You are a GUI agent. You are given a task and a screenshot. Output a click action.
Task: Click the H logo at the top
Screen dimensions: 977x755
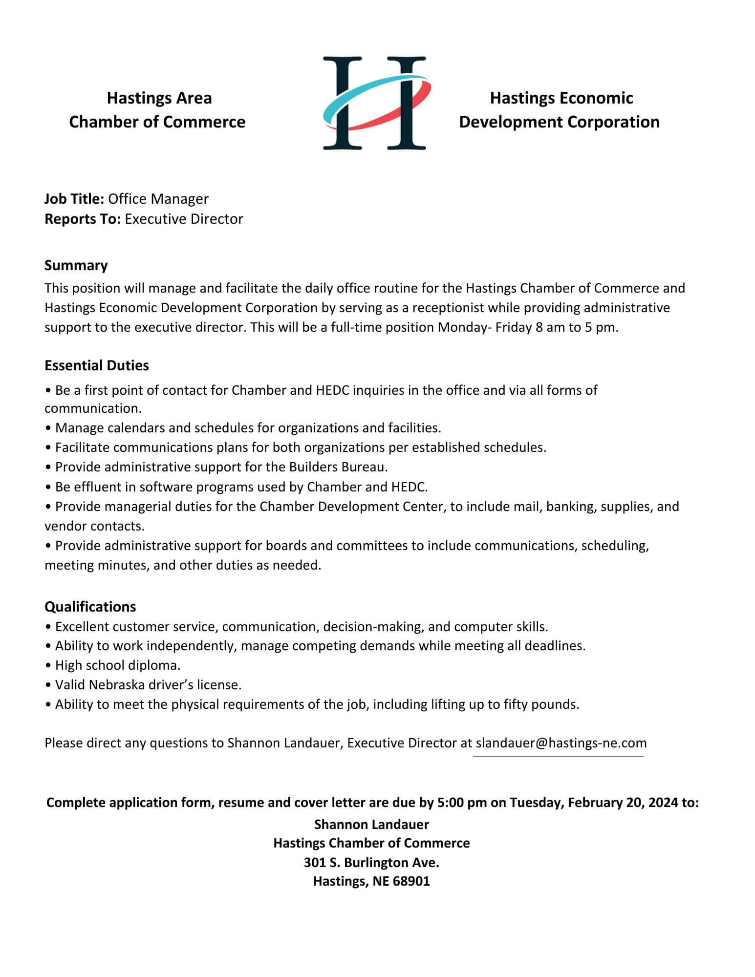[x=375, y=103]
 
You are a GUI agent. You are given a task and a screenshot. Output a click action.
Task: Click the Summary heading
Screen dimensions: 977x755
[x=76, y=265]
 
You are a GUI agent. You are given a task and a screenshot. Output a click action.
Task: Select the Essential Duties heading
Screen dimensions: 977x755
[x=96, y=365]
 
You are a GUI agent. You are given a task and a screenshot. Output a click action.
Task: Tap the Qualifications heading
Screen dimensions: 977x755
[x=90, y=606]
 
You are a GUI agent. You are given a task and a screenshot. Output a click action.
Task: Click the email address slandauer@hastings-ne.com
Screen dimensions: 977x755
[x=561, y=743]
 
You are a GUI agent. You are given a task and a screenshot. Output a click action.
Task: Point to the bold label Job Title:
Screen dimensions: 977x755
[x=74, y=199]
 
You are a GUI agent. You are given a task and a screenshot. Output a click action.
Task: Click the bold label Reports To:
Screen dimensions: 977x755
[x=82, y=219]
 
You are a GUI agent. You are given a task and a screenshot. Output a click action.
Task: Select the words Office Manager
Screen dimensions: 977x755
[x=158, y=199]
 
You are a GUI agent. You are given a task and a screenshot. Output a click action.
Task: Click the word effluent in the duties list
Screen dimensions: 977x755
[x=103, y=487]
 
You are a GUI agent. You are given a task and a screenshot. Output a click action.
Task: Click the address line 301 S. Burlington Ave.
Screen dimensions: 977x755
[x=371, y=862]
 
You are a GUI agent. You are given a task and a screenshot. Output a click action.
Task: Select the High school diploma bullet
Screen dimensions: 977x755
[x=117, y=665]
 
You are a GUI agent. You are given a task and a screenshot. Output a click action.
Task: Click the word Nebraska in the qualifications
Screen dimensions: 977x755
[x=106, y=684]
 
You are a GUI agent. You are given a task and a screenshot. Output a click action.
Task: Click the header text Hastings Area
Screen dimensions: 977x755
[x=159, y=98]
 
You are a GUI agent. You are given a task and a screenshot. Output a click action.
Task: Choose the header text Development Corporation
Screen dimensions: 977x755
[x=559, y=122]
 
